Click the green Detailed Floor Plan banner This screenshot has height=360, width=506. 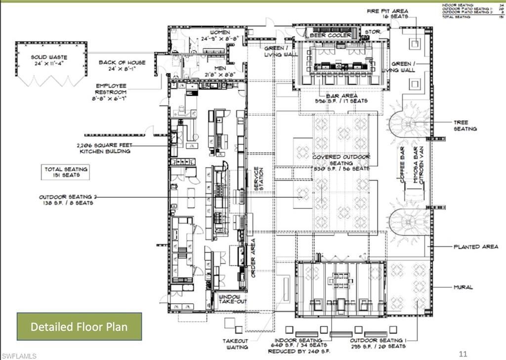click(x=79, y=326)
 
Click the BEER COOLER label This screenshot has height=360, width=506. click(x=331, y=36)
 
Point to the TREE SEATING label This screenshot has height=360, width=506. click(x=465, y=125)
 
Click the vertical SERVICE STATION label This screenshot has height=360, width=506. click(x=256, y=179)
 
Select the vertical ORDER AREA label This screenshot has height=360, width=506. click(x=253, y=258)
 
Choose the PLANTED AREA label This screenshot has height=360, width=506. click(x=476, y=246)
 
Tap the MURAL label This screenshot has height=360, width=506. click(x=464, y=287)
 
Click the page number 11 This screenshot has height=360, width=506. click(x=463, y=354)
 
